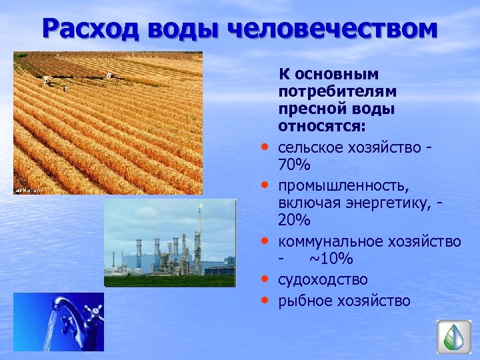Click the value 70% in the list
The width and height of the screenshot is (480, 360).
(294, 164)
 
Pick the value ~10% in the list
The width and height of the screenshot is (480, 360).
(331, 259)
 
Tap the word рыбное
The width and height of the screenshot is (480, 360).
(305, 301)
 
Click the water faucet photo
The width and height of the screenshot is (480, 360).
(59, 322)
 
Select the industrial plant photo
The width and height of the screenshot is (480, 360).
(170, 243)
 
